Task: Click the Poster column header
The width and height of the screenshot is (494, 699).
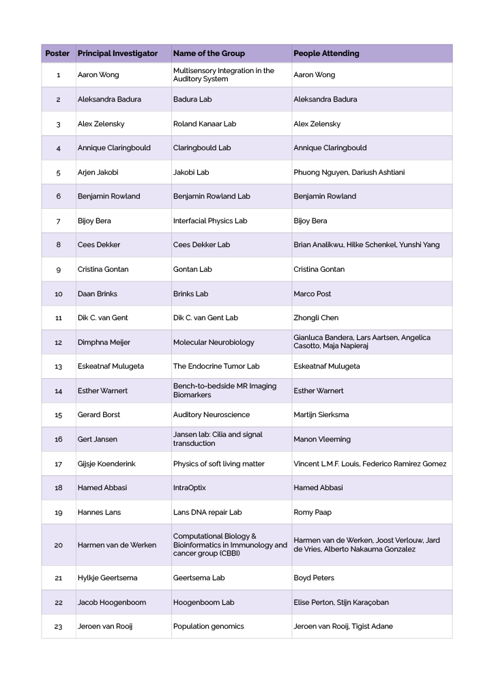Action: [57, 53]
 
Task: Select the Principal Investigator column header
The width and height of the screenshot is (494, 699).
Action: [117, 53]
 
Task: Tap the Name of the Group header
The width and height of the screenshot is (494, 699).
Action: [209, 53]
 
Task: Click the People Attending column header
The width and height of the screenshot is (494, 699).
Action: [326, 53]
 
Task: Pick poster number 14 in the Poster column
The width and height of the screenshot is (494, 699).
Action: [58, 391]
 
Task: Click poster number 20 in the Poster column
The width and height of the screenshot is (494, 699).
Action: [58, 545]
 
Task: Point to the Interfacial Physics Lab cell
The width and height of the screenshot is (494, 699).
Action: [210, 221]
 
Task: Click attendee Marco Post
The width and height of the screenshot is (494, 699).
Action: [313, 294]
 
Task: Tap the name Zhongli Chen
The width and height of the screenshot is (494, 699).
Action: [316, 318]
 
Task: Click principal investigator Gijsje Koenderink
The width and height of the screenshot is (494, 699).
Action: [106, 464]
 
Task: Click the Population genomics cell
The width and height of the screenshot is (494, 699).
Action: [208, 627]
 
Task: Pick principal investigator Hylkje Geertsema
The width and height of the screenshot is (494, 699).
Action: [107, 578]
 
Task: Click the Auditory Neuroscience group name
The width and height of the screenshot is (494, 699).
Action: [212, 415]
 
